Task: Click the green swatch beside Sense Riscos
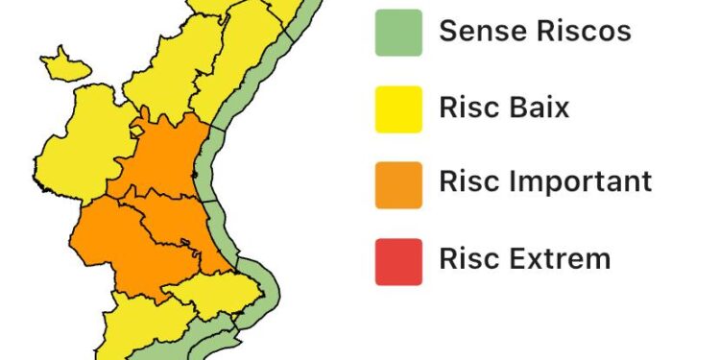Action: (x=398, y=32)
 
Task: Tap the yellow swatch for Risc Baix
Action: (x=398, y=108)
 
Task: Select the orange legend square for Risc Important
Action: (x=398, y=183)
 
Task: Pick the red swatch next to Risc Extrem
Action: (x=398, y=260)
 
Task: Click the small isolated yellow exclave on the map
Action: (x=67, y=64)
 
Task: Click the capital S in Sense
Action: (x=448, y=31)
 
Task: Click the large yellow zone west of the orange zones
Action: (x=72, y=144)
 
